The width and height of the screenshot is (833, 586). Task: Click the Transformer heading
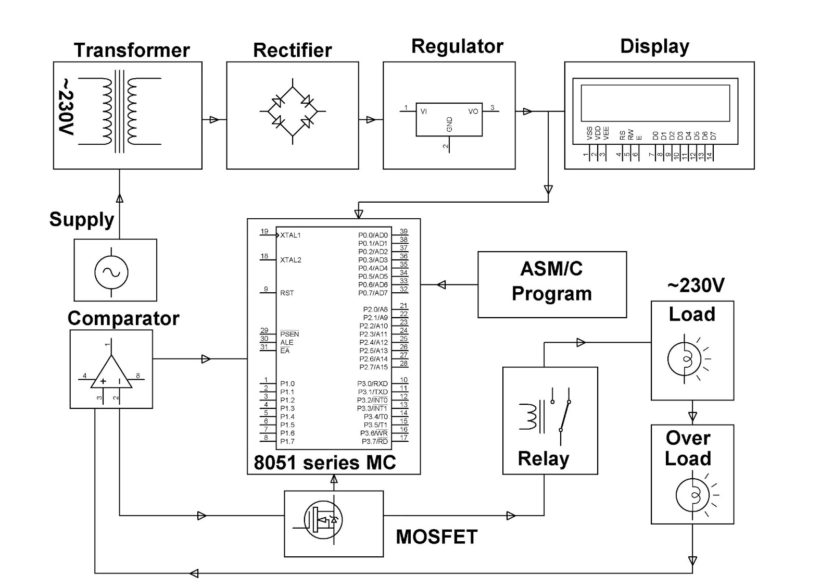pyautogui.click(x=131, y=51)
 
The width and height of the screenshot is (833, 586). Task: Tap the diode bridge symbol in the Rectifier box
pyautogui.click(x=293, y=111)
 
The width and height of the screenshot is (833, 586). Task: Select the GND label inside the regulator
pyautogui.click(x=449, y=124)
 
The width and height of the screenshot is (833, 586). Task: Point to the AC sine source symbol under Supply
pyautogui.click(x=111, y=272)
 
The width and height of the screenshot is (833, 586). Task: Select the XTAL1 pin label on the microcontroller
pyautogui.click(x=291, y=235)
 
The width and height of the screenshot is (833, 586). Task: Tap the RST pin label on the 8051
pyautogui.click(x=287, y=293)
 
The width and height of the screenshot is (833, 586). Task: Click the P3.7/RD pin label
pyautogui.click(x=375, y=442)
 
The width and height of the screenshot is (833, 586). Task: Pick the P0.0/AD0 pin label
pyautogui.click(x=373, y=235)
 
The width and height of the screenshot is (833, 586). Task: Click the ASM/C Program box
pyautogui.click(x=552, y=284)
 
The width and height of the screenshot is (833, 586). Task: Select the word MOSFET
pyautogui.click(x=436, y=537)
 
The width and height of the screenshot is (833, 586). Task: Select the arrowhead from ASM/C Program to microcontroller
pyautogui.click(x=441, y=284)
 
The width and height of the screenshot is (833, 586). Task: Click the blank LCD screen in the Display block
pyautogui.click(x=655, y=103)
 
